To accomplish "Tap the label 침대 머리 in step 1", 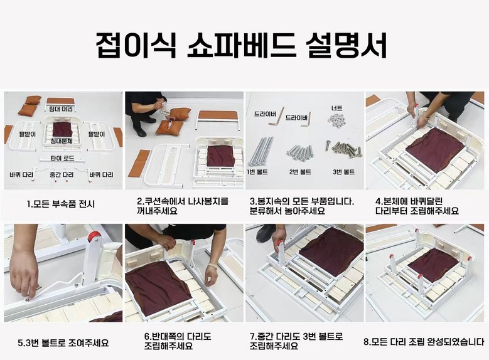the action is [x=60, y=109].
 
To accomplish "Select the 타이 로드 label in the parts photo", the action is [x=62, y=158].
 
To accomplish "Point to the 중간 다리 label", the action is [x=62, y=174].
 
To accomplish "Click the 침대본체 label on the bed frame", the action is [x=62, y=141].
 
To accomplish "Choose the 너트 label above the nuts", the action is [x=337, y=108].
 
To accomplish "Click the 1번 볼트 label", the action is [x=257, y=172].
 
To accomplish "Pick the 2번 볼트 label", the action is [x=300, y=172].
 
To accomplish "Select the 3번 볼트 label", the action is [x=343, y=172].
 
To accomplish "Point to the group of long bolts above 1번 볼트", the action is [x=261, y=151].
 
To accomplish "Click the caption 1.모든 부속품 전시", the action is [x=60, y=204].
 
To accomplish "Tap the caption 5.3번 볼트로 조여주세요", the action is [x=63, y=343].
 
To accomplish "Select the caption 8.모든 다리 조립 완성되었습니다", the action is [x=424, y=342].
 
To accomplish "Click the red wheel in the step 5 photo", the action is [x=94, y=236].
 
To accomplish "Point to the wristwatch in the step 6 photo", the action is [x=213, y=266].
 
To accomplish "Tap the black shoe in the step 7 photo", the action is [x=266, y=233].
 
